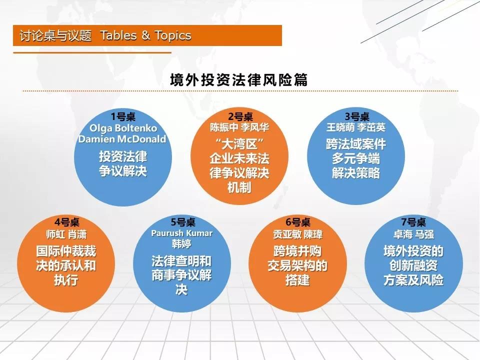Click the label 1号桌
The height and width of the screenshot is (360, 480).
coord(123,116)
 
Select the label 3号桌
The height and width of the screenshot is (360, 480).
coord(357,116)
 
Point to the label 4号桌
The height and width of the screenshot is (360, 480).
coord(66,222)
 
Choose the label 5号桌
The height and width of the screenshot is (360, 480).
coord(183,222)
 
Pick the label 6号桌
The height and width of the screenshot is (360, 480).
coord(298,222)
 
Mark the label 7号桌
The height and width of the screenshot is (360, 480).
coord(413,222)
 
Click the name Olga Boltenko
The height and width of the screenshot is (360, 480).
coord(123,128)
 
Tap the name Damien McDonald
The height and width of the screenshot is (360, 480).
coord(122,139)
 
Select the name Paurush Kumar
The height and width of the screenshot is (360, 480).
coord(182,233)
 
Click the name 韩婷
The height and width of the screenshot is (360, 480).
coord(181,243)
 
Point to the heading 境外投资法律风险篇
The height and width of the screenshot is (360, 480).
coord(239,80)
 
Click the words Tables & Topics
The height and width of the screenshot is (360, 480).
coord(145,35)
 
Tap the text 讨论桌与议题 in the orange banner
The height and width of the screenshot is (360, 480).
coord(55,35)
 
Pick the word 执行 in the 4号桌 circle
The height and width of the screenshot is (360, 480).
coord(66,280)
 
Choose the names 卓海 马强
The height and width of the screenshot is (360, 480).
coord(413,234)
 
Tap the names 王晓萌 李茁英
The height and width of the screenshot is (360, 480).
coord(355,127)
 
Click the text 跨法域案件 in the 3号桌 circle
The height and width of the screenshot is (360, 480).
coord(356,144)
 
